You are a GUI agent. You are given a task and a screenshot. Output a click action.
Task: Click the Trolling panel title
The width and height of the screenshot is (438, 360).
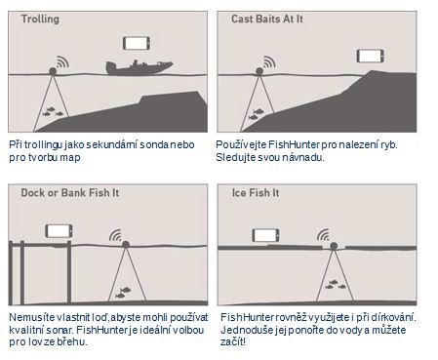(x=40, y=20)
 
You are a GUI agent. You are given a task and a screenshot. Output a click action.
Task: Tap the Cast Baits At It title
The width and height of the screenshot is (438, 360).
(x=267, y=19)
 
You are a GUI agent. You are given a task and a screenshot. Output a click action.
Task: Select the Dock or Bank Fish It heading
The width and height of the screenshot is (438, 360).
(x=70, y=192)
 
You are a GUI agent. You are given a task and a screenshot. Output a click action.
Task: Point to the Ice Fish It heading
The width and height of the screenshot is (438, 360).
(x=256, y=193)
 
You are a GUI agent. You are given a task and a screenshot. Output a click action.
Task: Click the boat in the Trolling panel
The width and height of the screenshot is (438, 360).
(x=139, y=68)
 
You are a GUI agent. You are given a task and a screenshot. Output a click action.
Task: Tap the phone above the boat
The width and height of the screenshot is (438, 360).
(x=137, y=43)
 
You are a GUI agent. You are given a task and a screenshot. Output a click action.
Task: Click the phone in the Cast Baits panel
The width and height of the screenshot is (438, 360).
(x=371, y=56)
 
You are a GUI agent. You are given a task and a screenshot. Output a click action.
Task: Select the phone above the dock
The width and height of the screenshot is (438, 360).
(x=59, y=231)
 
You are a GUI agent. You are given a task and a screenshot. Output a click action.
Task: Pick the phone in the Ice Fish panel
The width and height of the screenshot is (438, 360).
(x=265, y=235)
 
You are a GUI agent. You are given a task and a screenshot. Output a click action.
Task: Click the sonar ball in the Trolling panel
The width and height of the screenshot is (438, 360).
(x=53, y=71)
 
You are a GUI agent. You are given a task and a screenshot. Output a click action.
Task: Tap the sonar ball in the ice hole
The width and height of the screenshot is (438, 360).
(x=334, y=246)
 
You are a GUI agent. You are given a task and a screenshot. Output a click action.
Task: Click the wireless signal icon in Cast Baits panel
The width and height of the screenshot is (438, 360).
(x=269, y=62)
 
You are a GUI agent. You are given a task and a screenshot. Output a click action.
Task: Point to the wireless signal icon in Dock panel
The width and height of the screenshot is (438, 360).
(x=115, y=235)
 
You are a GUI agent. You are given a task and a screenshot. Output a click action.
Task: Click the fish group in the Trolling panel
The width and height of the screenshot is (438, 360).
(x=53, y=111)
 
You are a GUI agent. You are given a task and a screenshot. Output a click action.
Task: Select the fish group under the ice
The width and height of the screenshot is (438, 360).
(x=336, y=285)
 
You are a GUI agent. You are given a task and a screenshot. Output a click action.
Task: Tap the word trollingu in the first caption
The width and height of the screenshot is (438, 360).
(x=43, y=145)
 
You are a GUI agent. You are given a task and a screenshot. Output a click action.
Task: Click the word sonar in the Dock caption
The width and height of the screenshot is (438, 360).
(x=63, y=330)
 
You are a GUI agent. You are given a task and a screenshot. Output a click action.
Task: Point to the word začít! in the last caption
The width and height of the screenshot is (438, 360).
(x=233, y=342)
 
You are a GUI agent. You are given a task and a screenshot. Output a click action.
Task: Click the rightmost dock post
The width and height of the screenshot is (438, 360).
(x=69, y=272)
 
